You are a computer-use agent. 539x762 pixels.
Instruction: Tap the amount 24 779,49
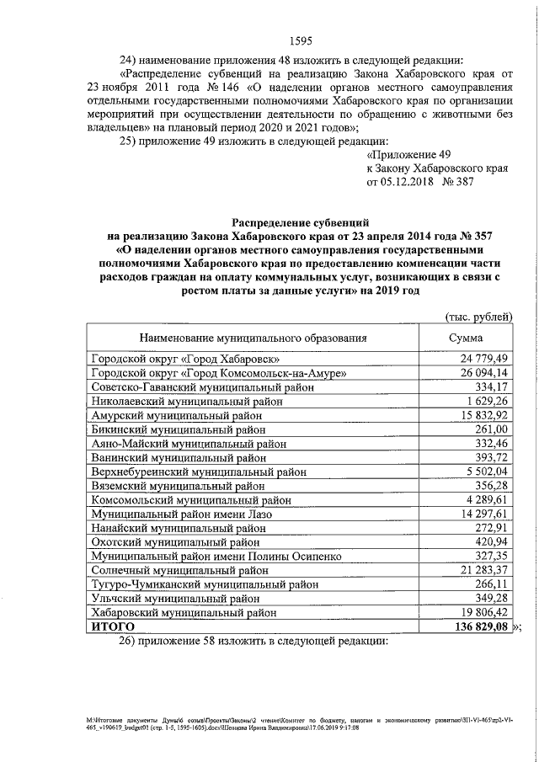(479, 359)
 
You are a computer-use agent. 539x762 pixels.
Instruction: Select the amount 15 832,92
(479, 417)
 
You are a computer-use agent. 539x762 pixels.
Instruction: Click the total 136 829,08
(477, 627)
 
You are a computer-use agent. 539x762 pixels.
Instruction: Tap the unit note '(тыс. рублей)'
(478, 317)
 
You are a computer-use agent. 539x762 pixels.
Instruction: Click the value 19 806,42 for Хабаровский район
(479, 613)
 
